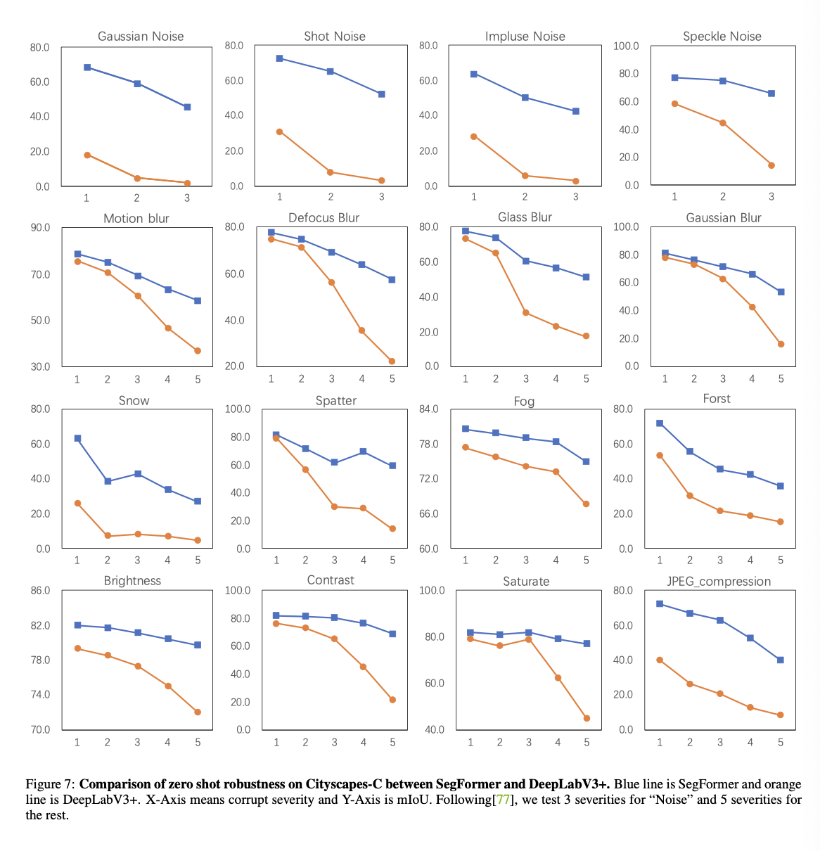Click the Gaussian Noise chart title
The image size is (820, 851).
(141, 37)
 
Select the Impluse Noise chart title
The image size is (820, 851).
(525, 37)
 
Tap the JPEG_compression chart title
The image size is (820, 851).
(719, 582)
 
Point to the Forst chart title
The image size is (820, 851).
(717, 399)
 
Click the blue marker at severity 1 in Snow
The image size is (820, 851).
(77, 438)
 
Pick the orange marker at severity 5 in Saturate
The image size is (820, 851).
(587, 718)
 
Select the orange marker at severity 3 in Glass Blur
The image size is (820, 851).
(525, 312)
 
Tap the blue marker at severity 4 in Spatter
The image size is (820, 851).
(363, 452)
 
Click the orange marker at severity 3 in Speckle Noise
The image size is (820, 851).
(771, 165)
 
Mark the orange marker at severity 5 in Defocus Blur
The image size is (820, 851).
(392, 361)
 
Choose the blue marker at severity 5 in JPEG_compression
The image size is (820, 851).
(781, 660)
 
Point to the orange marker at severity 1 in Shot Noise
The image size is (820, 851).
(279, 132)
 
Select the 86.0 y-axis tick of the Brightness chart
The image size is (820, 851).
(40, 591)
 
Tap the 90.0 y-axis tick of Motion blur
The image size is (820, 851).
(40, 228)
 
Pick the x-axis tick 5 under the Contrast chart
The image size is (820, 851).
(392, 742)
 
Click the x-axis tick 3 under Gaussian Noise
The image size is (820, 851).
(187, 198)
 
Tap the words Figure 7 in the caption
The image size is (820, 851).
(49, 784)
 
